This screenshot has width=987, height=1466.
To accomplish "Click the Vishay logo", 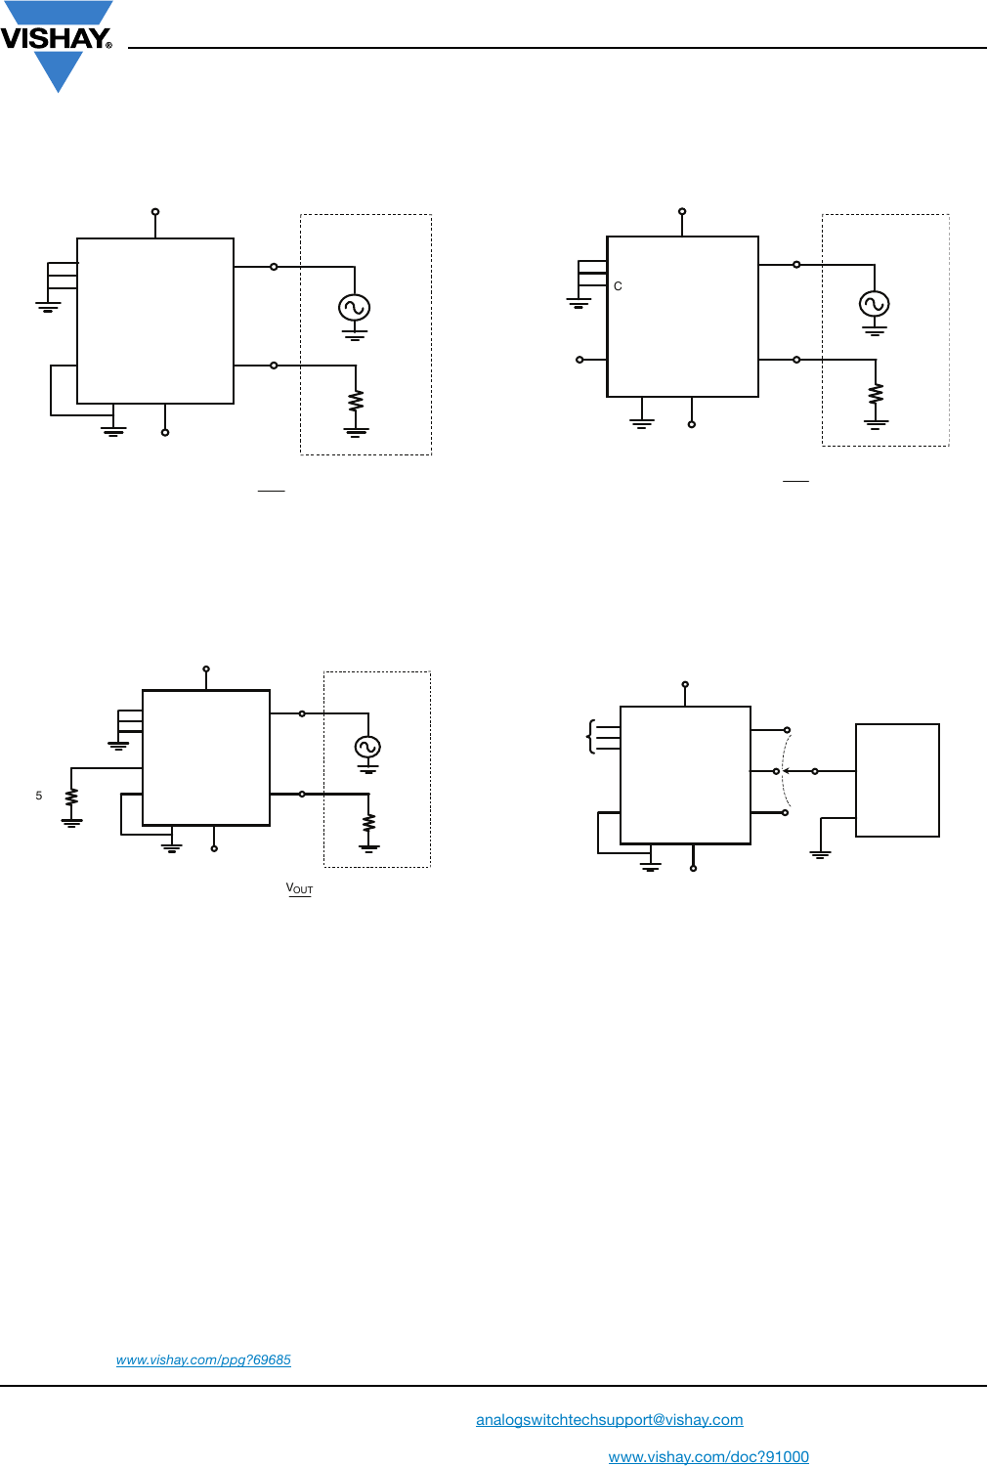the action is [x=57, y=46].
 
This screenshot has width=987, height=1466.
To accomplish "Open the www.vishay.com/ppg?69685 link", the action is [x=203, y=1360].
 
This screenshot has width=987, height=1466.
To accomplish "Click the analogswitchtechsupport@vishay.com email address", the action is [x=610, y=1419].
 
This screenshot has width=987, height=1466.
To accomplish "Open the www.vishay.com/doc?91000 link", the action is [x=708, y=1456].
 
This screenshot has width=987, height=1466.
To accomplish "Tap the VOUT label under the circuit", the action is [x=299, y=888].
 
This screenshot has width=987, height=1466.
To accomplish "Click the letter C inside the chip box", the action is [x=618, y=286].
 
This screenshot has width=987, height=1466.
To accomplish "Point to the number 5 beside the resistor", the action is [x=39, y=796].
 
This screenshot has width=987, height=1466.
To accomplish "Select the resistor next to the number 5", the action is [x=71, y=797].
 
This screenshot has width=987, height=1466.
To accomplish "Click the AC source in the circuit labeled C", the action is [x=874, y=304].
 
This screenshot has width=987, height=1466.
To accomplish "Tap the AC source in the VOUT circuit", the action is [x=367, y=747].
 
